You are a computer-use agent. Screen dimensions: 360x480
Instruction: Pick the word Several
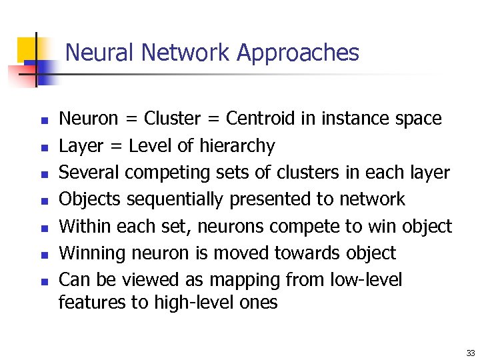pyautogui.click(x=89, y=173)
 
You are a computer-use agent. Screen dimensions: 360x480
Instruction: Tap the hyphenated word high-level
pyautogui.click(x=188, y=303)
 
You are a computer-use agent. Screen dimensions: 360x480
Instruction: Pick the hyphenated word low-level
pyautogui.click(x=367, y=280)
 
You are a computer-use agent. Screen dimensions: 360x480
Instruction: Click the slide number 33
pyautogui.click(x=471, y=353)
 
